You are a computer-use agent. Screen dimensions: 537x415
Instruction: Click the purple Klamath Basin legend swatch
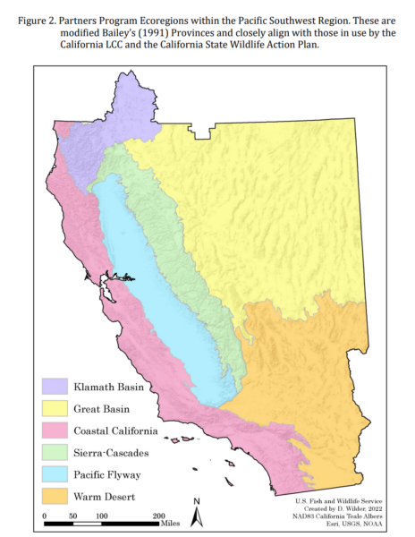(x=53, y=387)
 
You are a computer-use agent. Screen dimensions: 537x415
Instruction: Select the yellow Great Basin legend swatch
(x=53, y=408)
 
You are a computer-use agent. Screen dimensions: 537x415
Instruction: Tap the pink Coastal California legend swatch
(x=53, y=430)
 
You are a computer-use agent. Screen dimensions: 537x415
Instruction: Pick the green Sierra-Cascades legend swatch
(x=53, y=452)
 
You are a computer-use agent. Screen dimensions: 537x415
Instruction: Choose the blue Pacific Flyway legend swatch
(x=53, y=473)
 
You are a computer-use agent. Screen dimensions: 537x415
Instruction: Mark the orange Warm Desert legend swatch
(x=53, y=495)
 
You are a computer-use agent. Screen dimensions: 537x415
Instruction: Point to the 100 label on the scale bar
(x=101, y=516)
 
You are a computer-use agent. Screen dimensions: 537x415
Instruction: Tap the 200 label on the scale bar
(x=158, y=516)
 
